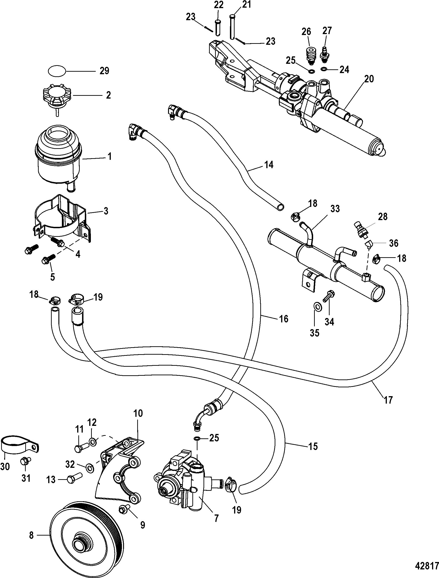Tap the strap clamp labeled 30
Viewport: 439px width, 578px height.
point(18,444)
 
